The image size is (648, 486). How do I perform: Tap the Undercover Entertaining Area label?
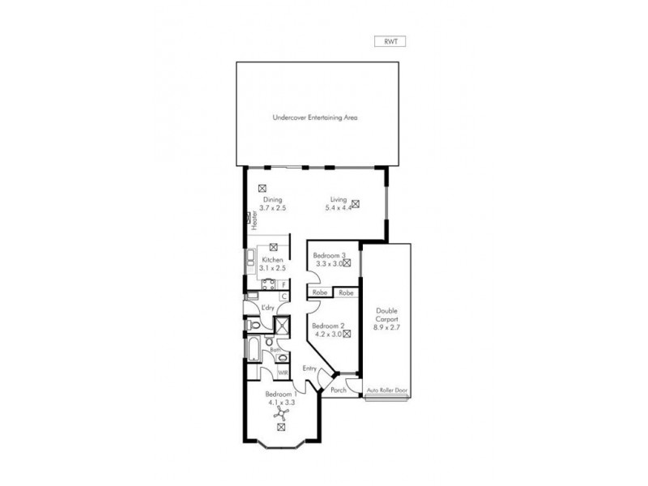[315, 117]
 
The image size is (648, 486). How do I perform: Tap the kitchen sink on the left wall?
[251, 261]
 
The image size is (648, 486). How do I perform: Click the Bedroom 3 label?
[330, 256]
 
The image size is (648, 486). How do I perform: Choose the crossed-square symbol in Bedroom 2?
[346, 333]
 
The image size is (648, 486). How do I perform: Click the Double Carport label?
[386, 315]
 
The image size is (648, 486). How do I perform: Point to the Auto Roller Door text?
[386, 390]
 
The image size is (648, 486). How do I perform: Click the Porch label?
[338, 390]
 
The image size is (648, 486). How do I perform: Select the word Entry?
[309, 369]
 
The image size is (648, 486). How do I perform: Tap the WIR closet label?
[283, 373]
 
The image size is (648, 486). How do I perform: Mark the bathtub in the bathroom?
[251, 351]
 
